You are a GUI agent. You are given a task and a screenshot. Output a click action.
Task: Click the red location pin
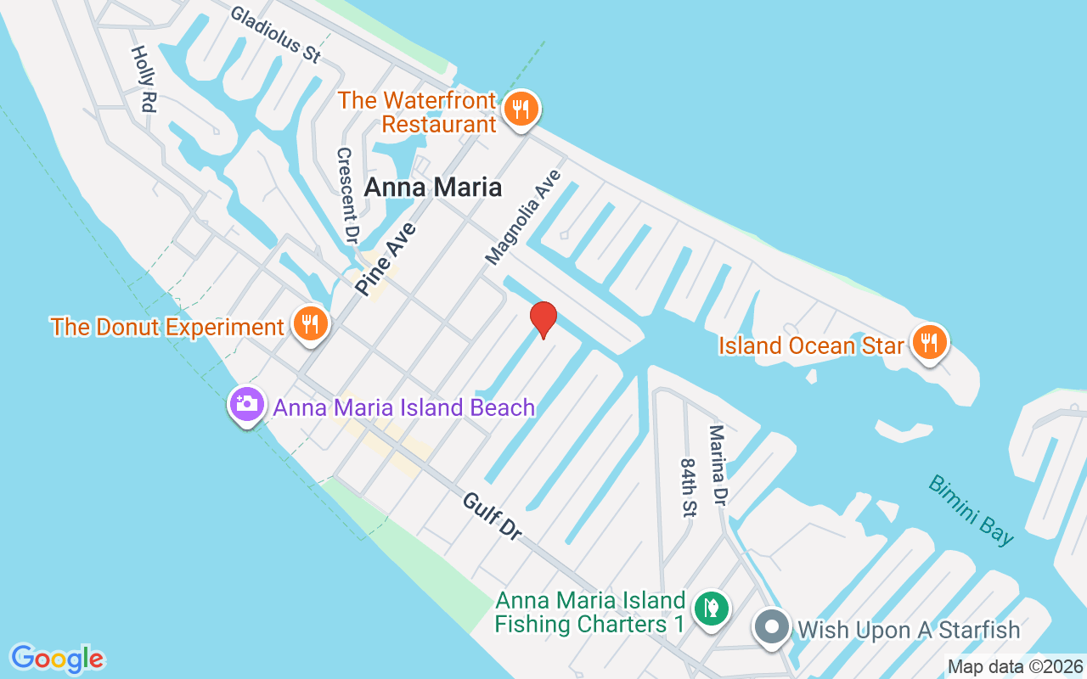click(x=543, y=319)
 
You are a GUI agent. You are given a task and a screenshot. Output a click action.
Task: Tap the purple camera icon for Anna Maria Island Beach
click(x=247, y=405)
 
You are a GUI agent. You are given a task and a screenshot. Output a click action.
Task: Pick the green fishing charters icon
click(x=712, y=609)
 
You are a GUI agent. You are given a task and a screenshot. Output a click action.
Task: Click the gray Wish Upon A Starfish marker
click(x=772, y=629)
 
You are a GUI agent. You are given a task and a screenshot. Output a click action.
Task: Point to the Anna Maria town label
click(x=433, y=188)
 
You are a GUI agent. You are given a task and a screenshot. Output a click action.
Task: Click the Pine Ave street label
click(x=386, y=259)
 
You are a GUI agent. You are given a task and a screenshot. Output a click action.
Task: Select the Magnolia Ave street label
click(x=523, y=216)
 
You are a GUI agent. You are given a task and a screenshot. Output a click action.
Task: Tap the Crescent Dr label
click(x=346, y=194)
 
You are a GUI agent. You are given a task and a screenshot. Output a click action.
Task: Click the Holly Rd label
click(x=144, y=79)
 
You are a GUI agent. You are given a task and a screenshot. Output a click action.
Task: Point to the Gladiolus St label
click(x=275, y=35)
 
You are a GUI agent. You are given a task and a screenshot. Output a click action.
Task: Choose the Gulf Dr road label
click(x=492, y=515)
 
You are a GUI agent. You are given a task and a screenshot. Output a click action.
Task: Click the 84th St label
click(x=688, y=488)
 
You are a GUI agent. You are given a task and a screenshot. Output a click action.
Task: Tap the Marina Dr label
click(x=718, y=466)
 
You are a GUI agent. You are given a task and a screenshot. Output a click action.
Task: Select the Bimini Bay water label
click(x=972, y=509)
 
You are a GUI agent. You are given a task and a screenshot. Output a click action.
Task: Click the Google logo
click(x=58, y=659)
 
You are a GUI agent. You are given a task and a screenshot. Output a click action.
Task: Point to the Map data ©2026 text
click(x=1015, y=667)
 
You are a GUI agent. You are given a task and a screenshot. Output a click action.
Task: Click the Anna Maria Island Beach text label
click(x=404, y=407)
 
